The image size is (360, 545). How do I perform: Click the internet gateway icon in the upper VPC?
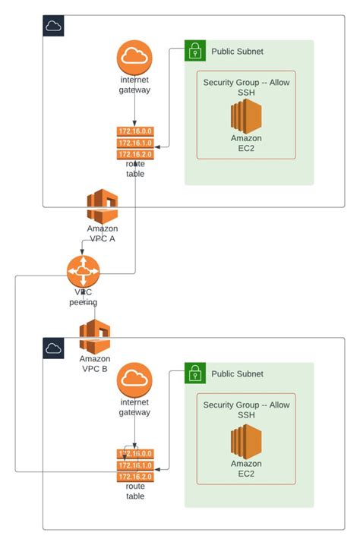point(134,58)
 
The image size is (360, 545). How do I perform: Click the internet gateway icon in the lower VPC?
point(134,380)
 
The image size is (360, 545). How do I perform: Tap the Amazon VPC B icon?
point(95,336)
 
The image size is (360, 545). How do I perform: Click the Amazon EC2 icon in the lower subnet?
point(246,440)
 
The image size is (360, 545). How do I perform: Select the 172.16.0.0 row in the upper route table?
point(134,131)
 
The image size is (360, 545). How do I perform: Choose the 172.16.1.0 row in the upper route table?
point(134,143)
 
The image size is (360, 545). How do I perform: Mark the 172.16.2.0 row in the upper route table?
point(134,154)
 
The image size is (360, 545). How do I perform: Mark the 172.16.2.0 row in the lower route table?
point(134,476)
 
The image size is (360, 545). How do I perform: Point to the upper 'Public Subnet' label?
point(237,52)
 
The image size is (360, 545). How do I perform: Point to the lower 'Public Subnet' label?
point(237,373)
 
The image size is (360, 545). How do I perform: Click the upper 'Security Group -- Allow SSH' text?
point(246,87)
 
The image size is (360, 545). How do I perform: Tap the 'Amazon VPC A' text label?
point(102,233)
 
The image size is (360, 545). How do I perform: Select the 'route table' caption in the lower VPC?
point(134,491)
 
